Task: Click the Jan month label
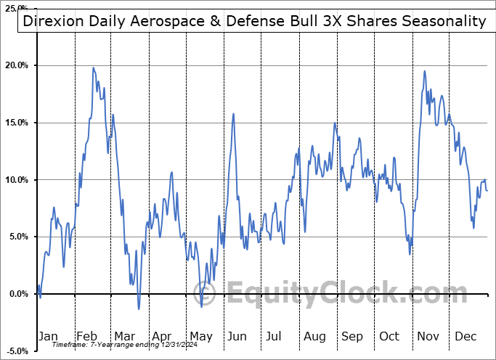pos(47,336)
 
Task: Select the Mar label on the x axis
pos(124,336)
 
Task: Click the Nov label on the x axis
pos(428,336)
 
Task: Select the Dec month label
pos(466,336)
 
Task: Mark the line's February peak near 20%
pos(93,67)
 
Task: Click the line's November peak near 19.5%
pos(425,71)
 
